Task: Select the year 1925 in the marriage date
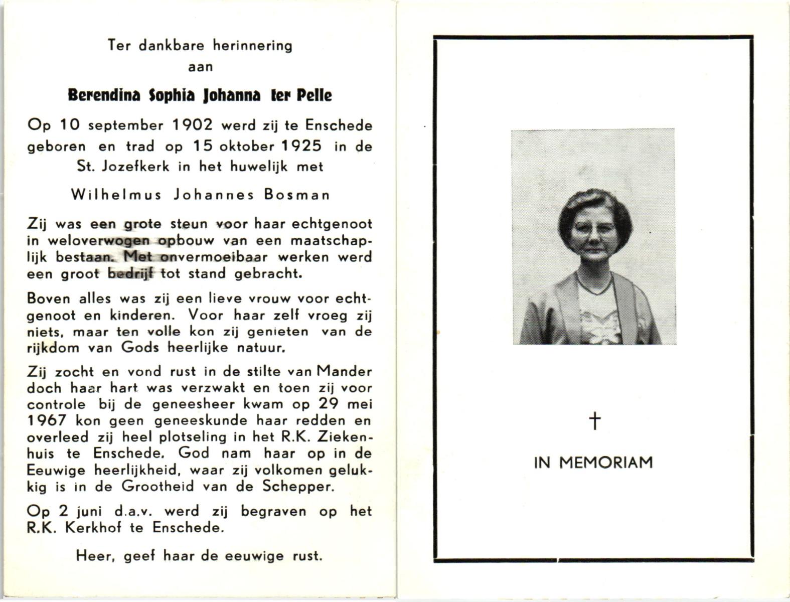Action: point(301,145)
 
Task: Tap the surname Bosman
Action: point(297,195)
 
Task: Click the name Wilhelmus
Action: point(116,195)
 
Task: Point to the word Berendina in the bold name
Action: point(104,95)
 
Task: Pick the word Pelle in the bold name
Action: point(314,95)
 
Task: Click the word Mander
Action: point(345,372)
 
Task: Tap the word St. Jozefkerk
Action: point(123,166)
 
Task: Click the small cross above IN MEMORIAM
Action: point(594,420)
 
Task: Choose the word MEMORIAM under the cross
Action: point(606,462)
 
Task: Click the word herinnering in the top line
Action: point(252,46)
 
